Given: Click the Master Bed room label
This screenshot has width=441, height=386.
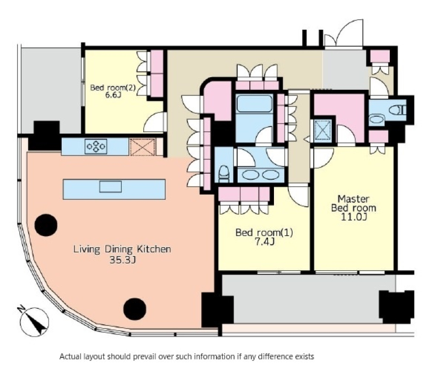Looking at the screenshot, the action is point(353,203).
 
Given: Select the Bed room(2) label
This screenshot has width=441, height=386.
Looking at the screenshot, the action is point(113,88).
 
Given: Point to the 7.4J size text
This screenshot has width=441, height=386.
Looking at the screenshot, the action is point(264,242).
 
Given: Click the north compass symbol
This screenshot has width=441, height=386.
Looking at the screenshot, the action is point(34,321).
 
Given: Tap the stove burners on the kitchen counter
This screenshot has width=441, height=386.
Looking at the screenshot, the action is point(96,146).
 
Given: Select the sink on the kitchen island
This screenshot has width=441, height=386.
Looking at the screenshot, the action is point(111,186).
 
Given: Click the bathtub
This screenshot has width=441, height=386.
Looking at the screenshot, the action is point(254,103).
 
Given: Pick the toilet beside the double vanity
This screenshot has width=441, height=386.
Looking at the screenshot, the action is point(224,174).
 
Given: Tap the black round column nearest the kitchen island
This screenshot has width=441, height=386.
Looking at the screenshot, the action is point(46,225).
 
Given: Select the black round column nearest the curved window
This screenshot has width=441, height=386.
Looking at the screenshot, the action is point(135,309).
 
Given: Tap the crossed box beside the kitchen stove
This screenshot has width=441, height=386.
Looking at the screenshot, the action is point(143,147).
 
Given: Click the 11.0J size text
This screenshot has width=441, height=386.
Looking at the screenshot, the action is point(353,217).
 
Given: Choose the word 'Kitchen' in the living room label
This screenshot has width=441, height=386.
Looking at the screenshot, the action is point(154,249).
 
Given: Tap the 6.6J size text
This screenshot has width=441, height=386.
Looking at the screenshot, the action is point(113,95).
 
